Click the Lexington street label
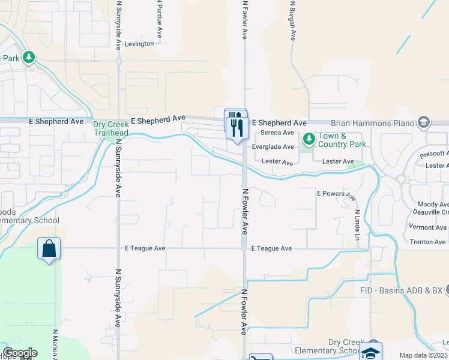(x=139, y=44)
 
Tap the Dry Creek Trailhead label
(x=112, y=128)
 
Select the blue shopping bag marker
(x=49, y=248)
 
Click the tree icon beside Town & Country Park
(x=309, y=140)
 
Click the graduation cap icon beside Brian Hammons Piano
(x=424, y=123)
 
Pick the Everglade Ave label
(x=273, y=147)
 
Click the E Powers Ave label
(x=336, y=194)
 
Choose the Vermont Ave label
(x=428, y=227)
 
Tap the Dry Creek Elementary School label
(x=327, y=346)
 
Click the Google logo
(x=19, y=353)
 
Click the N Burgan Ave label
(x=292, y=21)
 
